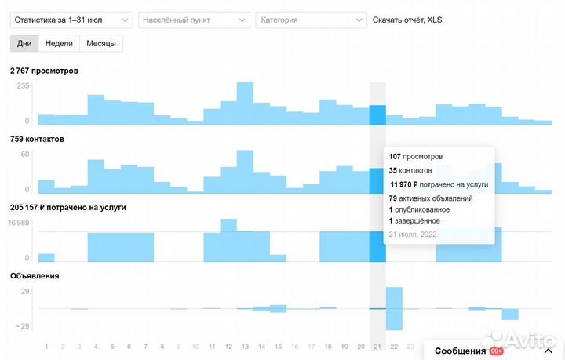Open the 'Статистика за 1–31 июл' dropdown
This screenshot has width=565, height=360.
tap(71, 20)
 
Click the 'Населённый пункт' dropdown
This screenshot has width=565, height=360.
tap(194, 20)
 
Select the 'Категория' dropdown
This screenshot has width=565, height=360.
tap(311, 20)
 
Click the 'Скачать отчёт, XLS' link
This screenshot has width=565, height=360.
tap(406, 20)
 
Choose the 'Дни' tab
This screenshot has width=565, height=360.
tap(24, 43)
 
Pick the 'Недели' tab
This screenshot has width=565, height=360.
tap(59, 43)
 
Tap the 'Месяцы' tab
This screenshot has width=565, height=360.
tap(101, 43)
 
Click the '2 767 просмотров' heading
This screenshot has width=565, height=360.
tap(44, 71)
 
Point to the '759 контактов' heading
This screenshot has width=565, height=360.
tap(38, 139)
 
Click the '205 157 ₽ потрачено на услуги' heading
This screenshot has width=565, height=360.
tap(68, 207)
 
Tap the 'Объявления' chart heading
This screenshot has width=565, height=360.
tap(35, 275)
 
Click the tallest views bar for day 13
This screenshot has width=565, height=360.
tap(245, 103)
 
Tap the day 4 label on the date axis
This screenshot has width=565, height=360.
tap(96, 346)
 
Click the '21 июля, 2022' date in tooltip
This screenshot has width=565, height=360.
tap(413, 234)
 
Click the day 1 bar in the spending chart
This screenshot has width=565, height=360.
tap(46, 257)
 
